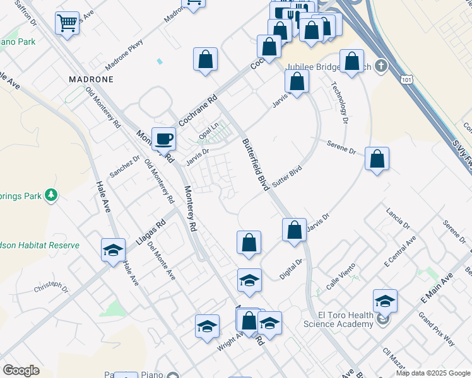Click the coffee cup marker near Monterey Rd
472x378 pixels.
tap(163, 138)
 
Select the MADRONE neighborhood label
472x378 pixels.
tap(91, 79)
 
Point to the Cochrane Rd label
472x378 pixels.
tap(198, 108)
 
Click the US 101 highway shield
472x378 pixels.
tap(406, 76)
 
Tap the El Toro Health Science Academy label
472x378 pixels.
tap(338, 319)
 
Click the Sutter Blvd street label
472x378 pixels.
tap(288, 178)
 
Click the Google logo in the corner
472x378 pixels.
tap(21, 370)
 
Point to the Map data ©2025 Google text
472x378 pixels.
tap(432, 373)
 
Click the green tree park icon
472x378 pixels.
tap(51, 196)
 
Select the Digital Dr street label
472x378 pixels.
tap(292, 269)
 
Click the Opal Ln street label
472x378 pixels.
tap(208, 133)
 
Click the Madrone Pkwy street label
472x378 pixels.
tap(124, 55)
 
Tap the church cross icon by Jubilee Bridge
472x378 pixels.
tap(381, 66)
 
